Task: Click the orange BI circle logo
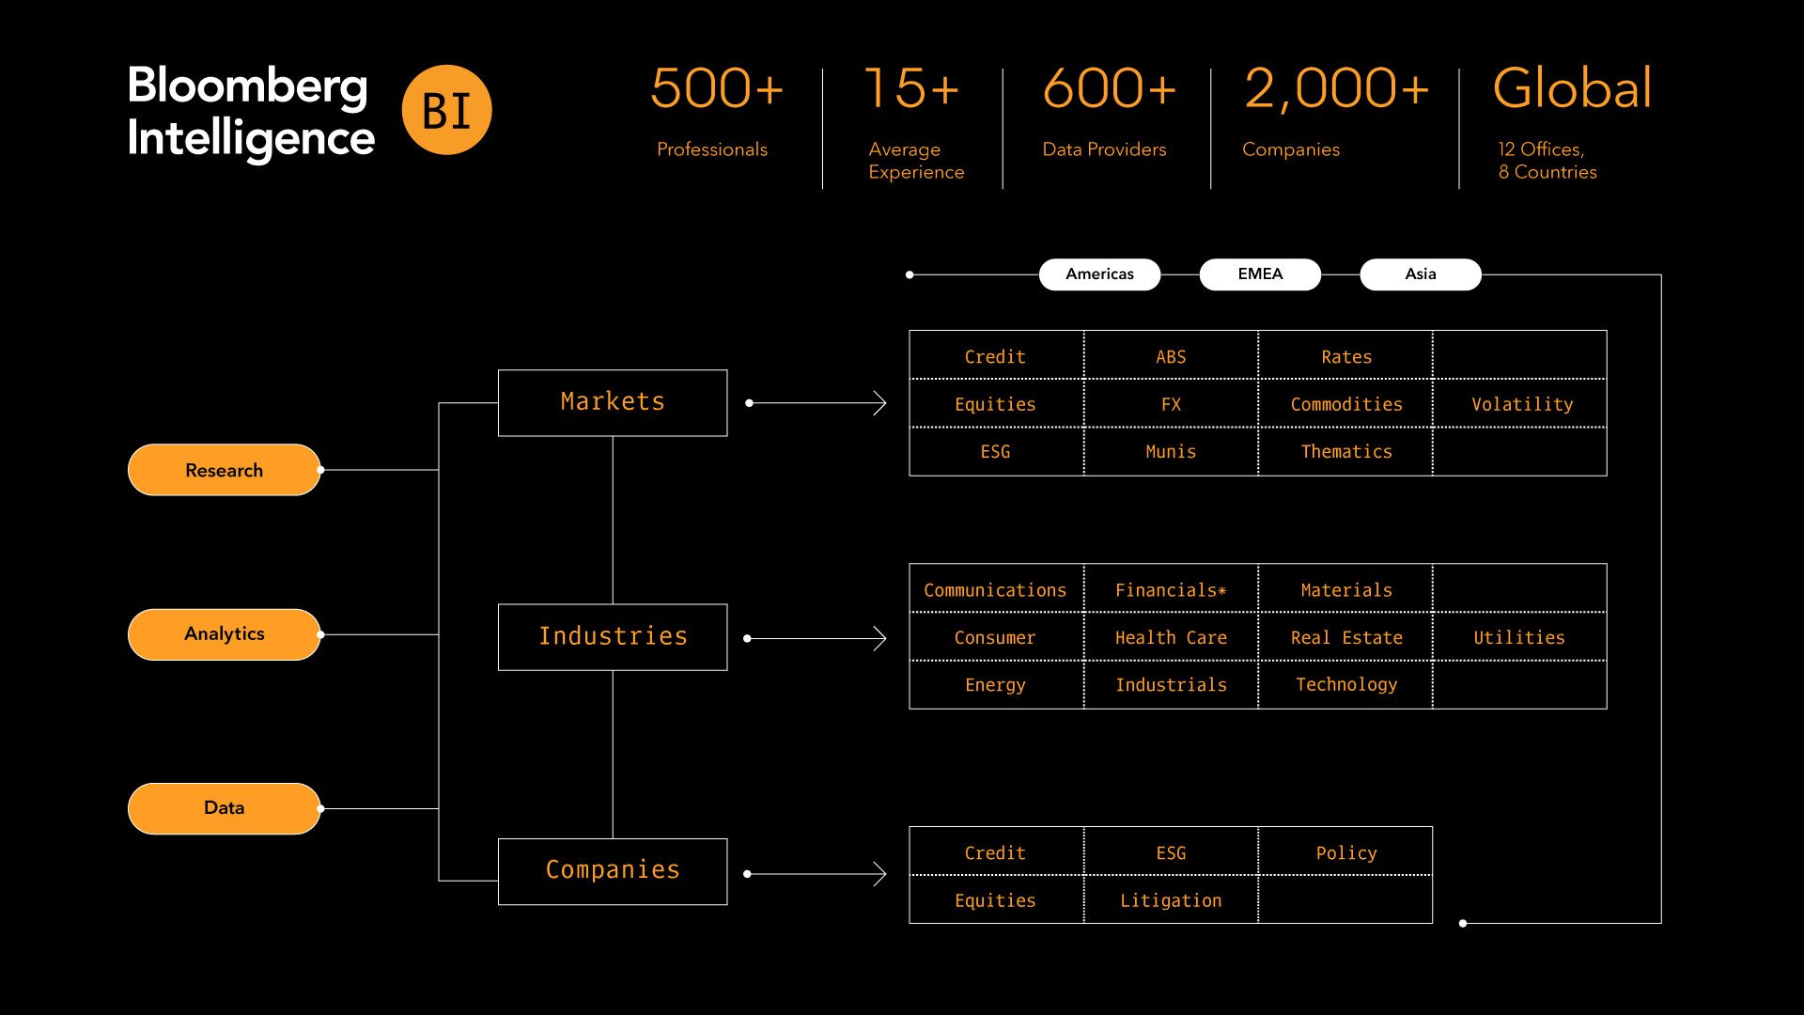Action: (446, 110)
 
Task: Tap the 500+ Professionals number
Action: (716, 88)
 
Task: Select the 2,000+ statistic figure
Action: (1335, 88)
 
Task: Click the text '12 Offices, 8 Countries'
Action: (1547, 161)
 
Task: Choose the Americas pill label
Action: (1099, 274)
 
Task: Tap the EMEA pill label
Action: (1259, 274)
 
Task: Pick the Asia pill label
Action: (1420, 274)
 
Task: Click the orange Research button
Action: (224, 470)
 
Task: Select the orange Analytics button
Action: (224, 634)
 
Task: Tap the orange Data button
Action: (224, 808)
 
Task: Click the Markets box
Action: (613, 402)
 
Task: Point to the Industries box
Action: (613, 637)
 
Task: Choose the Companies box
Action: (613, 871)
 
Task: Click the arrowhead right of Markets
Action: (879, 403)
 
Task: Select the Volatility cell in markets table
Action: (1521, 404)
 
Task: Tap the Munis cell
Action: (1171, 452)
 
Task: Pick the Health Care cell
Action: (1171, 638)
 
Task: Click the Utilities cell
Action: (1518, 638)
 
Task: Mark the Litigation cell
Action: (1171, 900)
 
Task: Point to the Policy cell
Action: (1345, 853)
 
